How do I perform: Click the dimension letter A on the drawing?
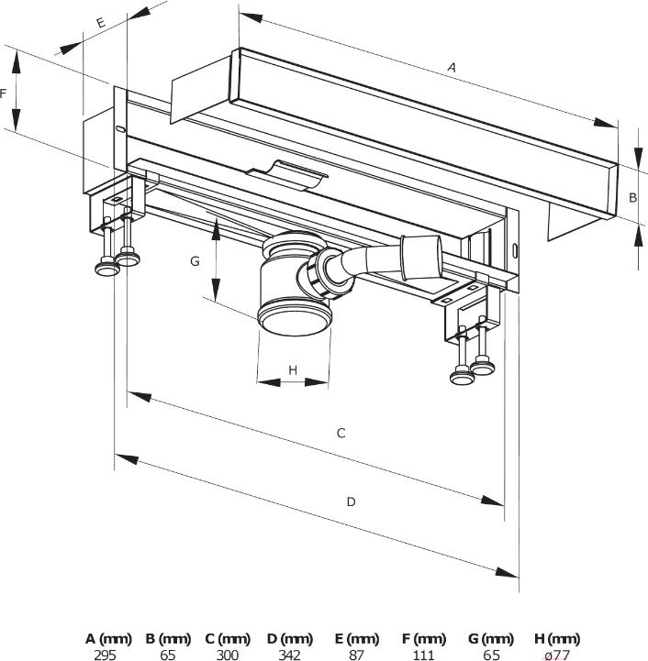451,66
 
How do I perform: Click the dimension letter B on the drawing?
632,196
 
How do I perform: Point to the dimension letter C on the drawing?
341,433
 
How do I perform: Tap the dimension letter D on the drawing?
351,501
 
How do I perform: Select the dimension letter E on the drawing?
100,21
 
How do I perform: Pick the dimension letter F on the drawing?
4,93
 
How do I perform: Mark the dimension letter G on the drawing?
195,261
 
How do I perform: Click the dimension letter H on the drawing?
293,369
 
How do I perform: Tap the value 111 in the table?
424,655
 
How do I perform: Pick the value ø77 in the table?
557,655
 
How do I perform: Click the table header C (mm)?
228,639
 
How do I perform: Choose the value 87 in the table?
357,655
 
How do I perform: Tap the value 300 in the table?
228,655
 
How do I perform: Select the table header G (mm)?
490,639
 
